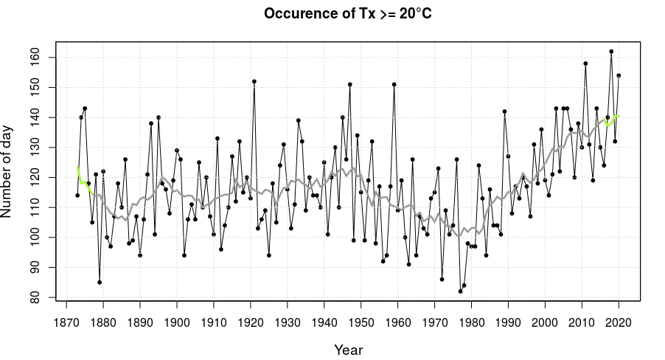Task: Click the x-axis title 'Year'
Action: click(348, 349)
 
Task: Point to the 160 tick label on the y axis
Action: click(38, 58)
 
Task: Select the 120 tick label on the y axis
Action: click(38, 177)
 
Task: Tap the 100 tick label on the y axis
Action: click(38, 238)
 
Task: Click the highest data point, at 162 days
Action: click(611, 52)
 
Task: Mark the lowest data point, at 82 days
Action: click(460, 291)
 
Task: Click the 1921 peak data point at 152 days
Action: click(254, 81)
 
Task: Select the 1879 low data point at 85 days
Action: click(100, 283)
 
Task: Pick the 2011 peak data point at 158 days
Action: click(585, 63)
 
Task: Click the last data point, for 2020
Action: click(619, 75)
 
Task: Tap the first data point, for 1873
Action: click(77, 195)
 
